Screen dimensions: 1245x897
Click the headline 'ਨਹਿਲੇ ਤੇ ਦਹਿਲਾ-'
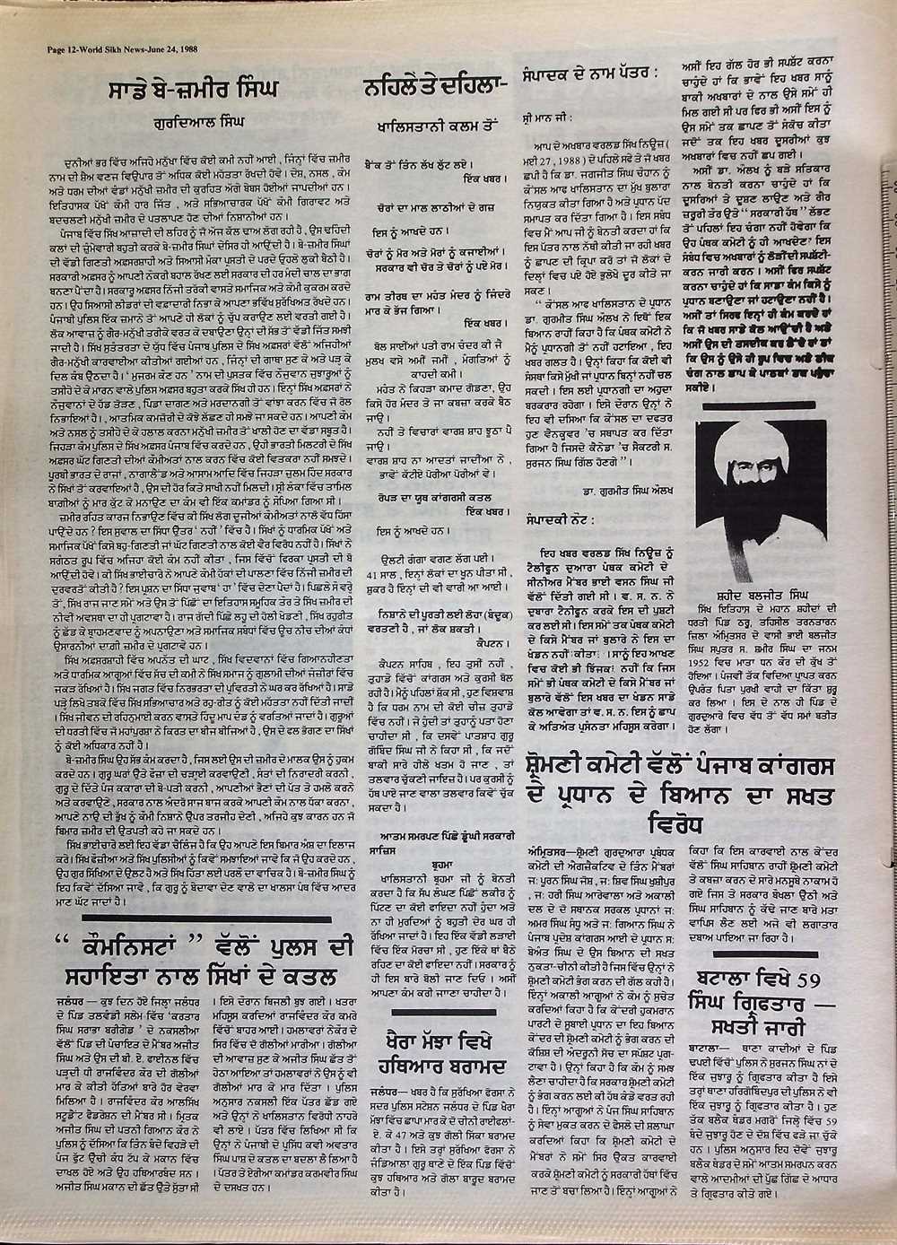pyautogui.click(x=435, y=89)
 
